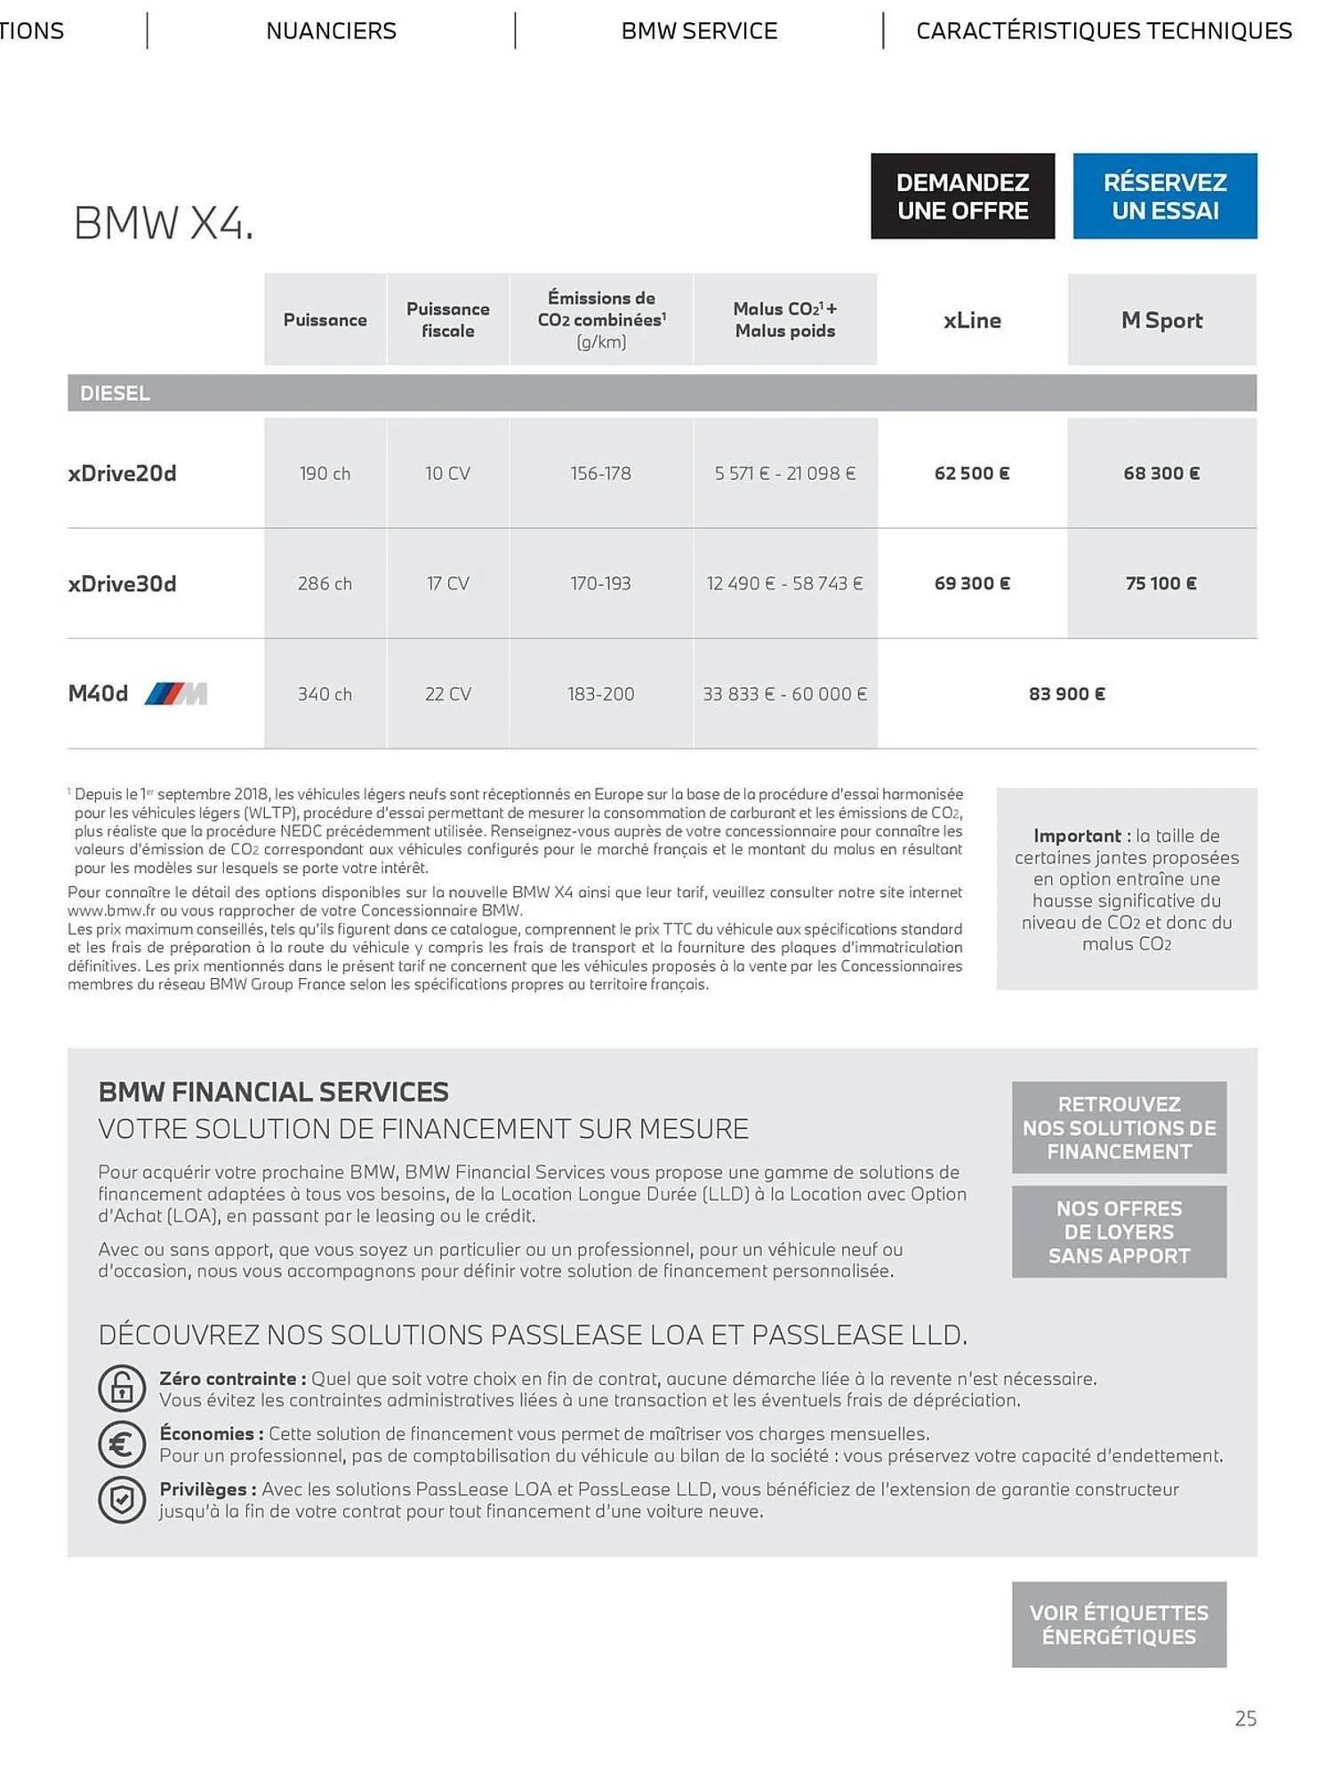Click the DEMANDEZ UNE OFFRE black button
pos(962,196)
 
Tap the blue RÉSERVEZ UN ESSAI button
pos(1164,196)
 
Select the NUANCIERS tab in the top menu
pos(331,31)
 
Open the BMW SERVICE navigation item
pos(699,31)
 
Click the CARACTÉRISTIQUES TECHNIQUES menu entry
pos(1104,31)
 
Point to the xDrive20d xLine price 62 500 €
pos(971,473)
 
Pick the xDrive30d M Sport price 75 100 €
pos(1160,583)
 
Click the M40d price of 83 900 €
pos(1066,693)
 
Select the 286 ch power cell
pos(325,583)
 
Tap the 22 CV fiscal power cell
pos(447,693)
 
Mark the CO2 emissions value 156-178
pos(600,473)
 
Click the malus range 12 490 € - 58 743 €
pos(784,583)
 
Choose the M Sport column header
pos(1161,320)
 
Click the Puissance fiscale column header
pos(447,320)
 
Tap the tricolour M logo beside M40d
pos(176,693)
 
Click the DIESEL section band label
pos(115,393)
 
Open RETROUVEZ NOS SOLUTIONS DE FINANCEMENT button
pos(1119,1127)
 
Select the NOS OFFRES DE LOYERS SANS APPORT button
pos(1119,1231)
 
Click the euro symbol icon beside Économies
pos(122,1444)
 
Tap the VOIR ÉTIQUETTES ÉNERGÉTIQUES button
pos(1119,1624)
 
